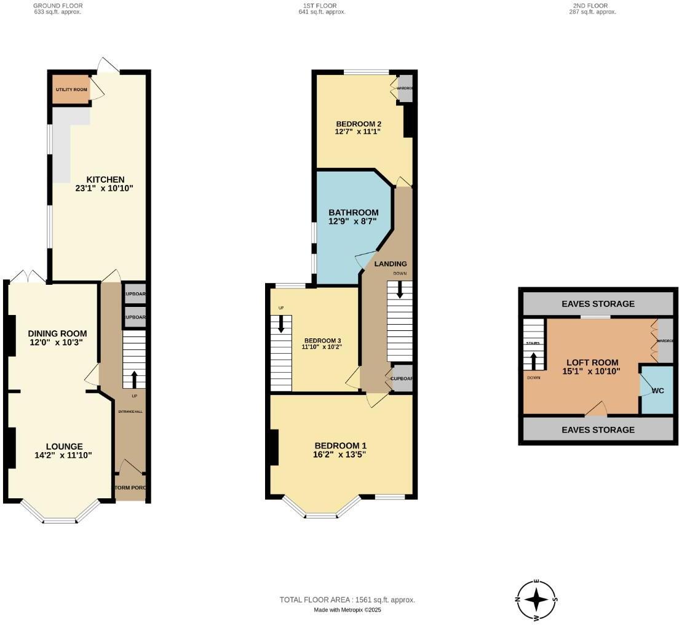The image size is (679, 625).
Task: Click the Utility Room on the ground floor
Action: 71,90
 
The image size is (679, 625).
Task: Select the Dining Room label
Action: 57,333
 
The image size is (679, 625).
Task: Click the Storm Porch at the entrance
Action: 130,488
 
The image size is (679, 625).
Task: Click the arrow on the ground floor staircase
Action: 134,378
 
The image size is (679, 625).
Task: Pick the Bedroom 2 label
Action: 354,123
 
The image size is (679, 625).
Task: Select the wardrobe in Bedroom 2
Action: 405,88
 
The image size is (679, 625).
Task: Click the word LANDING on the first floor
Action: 391,264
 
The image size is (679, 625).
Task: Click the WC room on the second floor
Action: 657,391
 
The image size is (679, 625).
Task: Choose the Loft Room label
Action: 592,362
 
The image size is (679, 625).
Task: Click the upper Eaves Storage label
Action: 598,304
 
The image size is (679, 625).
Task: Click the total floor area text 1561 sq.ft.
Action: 347,600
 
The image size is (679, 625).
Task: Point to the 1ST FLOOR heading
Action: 318,6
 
